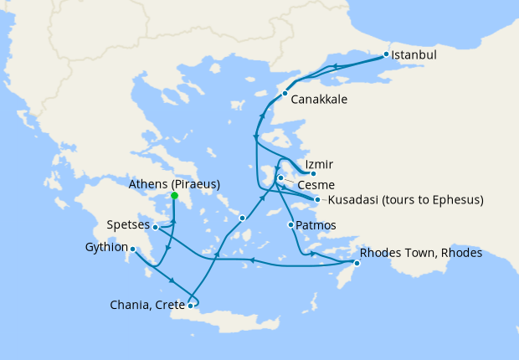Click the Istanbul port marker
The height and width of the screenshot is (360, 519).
tap(386, 54)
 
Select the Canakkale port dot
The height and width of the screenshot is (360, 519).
tap(285, 93)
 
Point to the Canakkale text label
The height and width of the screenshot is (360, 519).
tap(319, 99)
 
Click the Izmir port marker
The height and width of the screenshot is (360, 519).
tap(313, 173)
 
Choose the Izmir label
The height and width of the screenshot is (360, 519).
tap(321, 163)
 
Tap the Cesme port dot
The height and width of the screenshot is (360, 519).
tap(280, 178)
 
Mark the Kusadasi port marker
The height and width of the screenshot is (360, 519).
tap(317, 199)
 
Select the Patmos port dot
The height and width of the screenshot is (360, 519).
tap(290, 225)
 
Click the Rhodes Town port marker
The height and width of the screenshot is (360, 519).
tap(356, 264)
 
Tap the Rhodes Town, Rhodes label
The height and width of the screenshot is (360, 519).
tap(421, 253)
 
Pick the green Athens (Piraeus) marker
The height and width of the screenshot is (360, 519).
tap(174, 196)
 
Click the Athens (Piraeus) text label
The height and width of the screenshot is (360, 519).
tap(174, 183)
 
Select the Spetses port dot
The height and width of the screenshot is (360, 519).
tap(156, 227)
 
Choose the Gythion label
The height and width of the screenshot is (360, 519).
tap(106, 248)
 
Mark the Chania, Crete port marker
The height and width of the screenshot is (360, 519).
tap(191, 306)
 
